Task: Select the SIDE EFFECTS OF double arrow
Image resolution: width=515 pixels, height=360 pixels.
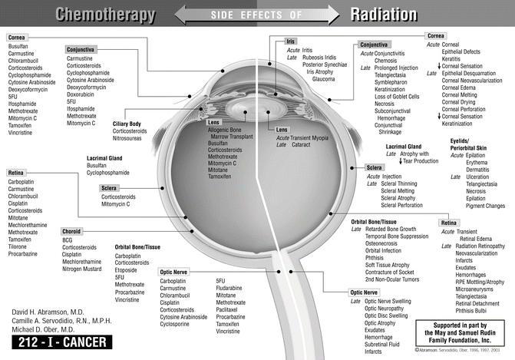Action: pyautogui.click(x=256, y=14)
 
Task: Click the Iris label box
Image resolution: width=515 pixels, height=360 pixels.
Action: pyautogui.click(x=290, y=41)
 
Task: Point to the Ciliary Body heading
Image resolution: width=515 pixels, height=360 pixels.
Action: pyautogui.click(x=127, y=124)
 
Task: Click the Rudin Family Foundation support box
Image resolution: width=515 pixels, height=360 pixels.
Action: pyautogui.click(x=464, y=335)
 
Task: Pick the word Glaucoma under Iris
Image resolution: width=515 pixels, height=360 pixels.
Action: pyautogui.click(x=323, y=79)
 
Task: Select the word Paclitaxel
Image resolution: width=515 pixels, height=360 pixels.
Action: pyautogui.click(x=230, y=309)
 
